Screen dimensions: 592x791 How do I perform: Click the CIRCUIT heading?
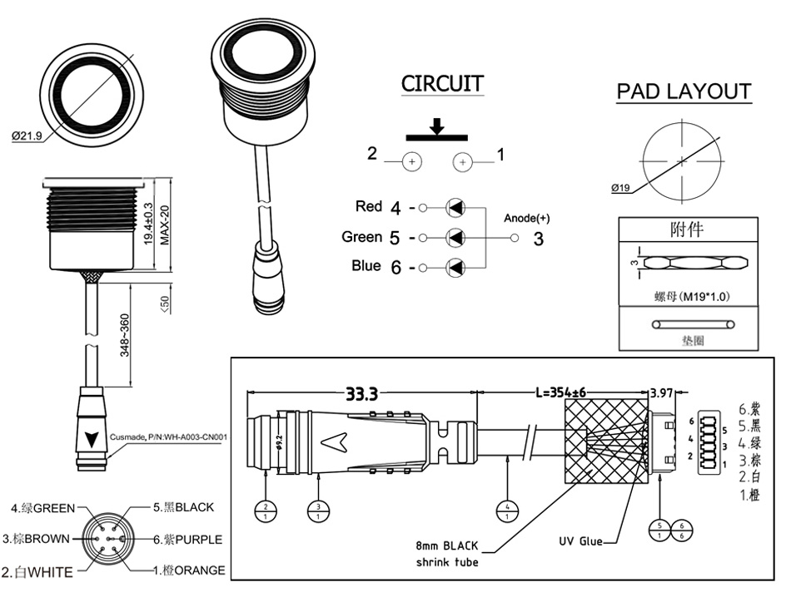pyautogui.click(x=442, y=84)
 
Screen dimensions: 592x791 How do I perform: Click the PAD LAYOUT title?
pyautogui.click(x=684, y=91)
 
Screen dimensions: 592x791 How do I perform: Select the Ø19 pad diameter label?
pyautogui.click(x=620, y=188)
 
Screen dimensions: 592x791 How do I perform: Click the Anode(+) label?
pyautogui.click(x=527, y=219)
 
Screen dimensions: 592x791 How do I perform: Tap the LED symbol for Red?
pyautogui.click(x=455, y=207)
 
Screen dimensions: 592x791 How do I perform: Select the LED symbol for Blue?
pyautogui.click(x=455, y=267)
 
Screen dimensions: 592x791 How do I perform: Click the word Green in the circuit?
pyautogui.click(x=361, y=237)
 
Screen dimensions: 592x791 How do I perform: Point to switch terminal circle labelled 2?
pyautogui.click(x=412, y=162)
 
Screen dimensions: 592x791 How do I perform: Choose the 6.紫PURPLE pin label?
pyautogui.click(x=187, y=539)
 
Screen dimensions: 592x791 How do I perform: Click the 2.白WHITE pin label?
pyautogui.click(x=37, y=571)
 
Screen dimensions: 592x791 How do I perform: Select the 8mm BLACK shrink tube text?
pyautogui.click(x=447, y=554)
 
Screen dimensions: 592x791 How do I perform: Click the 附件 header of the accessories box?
pyautogui.click(x=689, y=229)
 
